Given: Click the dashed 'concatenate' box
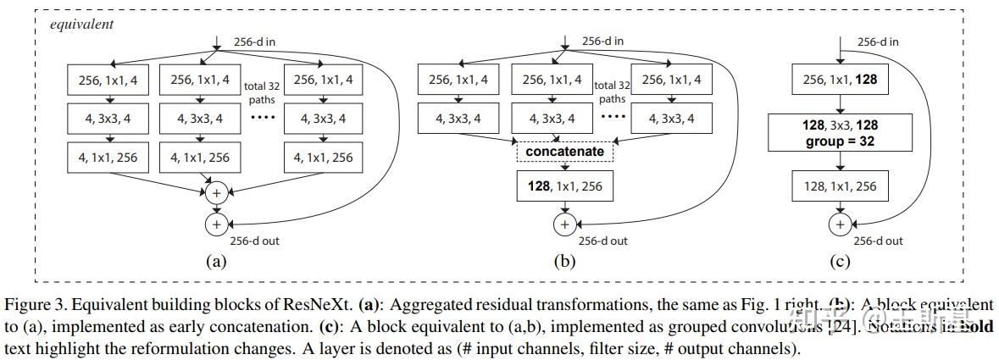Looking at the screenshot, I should tap(564, 152).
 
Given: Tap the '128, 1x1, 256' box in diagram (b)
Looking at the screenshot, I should tap(563, 186).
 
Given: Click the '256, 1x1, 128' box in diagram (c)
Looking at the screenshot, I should tap(840, 80).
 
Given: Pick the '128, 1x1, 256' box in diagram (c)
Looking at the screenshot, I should tap(840, 186).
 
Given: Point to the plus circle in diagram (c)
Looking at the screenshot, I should tap(840, 224).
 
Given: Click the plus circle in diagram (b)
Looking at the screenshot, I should tap(563, 224).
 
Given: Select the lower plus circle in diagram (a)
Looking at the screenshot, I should tap(216, 224).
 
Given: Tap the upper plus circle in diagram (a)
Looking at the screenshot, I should tap(216, 194).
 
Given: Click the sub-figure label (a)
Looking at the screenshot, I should tap(216, 262).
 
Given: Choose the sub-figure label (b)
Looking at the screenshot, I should tap(563, 262).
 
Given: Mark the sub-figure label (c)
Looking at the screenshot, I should tap(840, 262).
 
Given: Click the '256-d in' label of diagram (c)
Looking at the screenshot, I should tap(878, 42).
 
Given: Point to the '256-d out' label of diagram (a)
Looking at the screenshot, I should tap(254, 241).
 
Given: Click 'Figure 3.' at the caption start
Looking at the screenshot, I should tap(32, 303).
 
